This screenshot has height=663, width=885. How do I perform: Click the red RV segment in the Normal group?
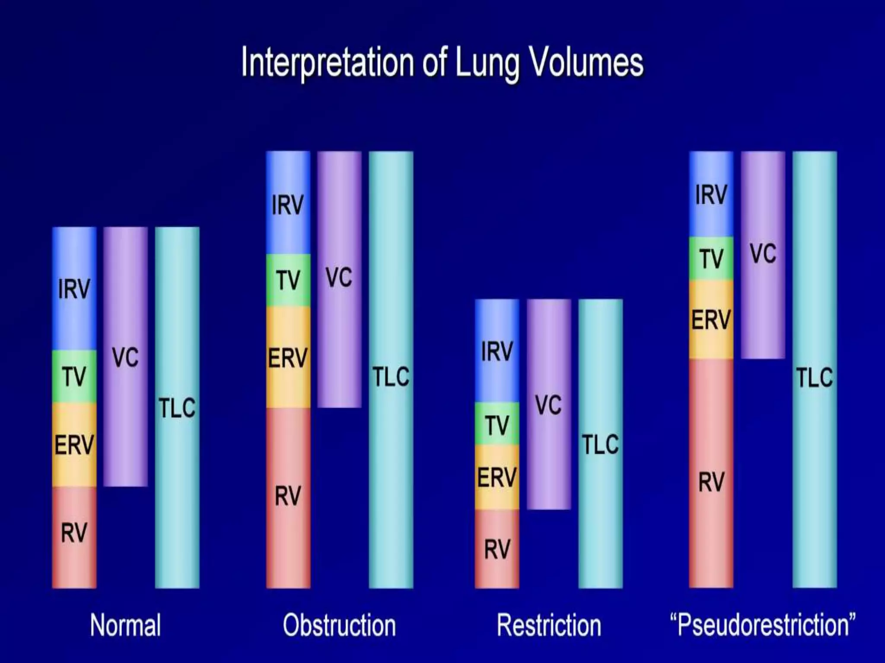click(74, 537)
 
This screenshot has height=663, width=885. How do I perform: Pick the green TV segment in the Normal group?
click(74, 376)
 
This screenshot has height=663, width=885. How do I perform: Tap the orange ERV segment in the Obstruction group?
click(288, 357)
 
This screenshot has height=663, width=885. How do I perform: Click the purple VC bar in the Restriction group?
click(549, 404)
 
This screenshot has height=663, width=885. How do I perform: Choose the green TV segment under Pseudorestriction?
click(711, 258)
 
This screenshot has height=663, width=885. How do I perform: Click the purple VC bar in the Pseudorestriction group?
click(763, 255)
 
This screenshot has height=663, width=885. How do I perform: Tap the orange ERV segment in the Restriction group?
click(497, 477)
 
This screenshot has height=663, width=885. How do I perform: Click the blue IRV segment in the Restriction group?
click(497, 350)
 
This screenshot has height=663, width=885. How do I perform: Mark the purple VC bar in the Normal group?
click(125, 357)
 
